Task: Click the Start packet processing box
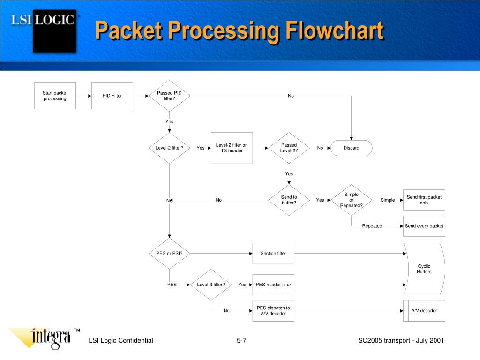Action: (x=55, y=96)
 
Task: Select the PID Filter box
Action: (x=112, y=96)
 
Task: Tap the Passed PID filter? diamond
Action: (x=169, y=96)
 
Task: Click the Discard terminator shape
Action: (x=351, y=148)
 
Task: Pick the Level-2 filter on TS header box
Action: (x=232, y=148)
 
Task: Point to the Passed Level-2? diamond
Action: (x=289, y=148)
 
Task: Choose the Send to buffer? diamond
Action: (x=289, y=200)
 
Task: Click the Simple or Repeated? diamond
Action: (x=351, y=200)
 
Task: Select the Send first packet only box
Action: (x=424, y=200)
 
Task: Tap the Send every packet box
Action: (x=424, y=226)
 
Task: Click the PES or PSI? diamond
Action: (x=169, y=254)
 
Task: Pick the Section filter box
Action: (x=273, y=254)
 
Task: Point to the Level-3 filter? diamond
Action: (x=211, y=285)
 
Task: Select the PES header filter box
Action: (x=273, y=285)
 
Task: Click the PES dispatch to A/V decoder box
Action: (x=273, y=311)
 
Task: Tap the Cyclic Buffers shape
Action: (x=424, y=269)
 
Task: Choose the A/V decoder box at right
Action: (x=424, y=311)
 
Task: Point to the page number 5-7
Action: (x=241, y=341)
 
